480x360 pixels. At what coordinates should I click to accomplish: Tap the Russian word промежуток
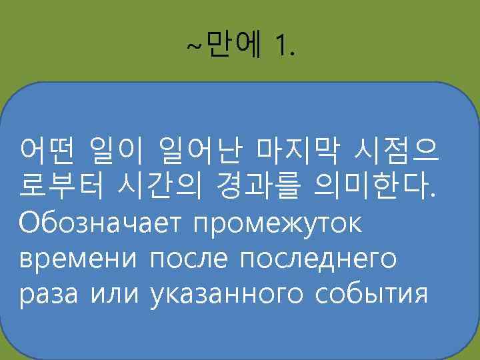(x=277, y=225)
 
